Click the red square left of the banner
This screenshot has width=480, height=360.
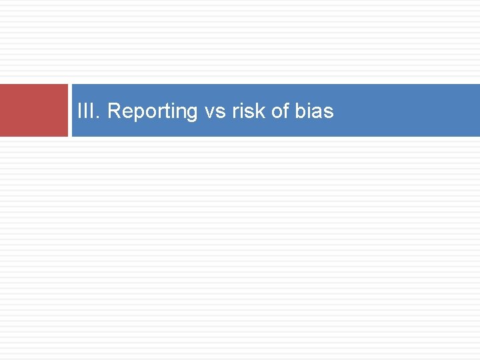(x=33, y=110)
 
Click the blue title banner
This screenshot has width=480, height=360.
(x=400, y=110)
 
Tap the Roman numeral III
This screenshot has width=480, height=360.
(x=86, y=111)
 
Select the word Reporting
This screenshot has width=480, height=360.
(x=153, y=111)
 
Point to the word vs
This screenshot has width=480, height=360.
(x=215, y=111)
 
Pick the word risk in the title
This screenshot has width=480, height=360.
(x=249, y=111)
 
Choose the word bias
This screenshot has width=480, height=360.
(x=313, y=111)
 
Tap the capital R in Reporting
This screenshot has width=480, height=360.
(x=113, y=111)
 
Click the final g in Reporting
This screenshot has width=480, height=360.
(x=192, y=113)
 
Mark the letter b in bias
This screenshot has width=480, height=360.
(x=299, y=111)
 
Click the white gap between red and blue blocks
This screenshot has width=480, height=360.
(x=70, y=110)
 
